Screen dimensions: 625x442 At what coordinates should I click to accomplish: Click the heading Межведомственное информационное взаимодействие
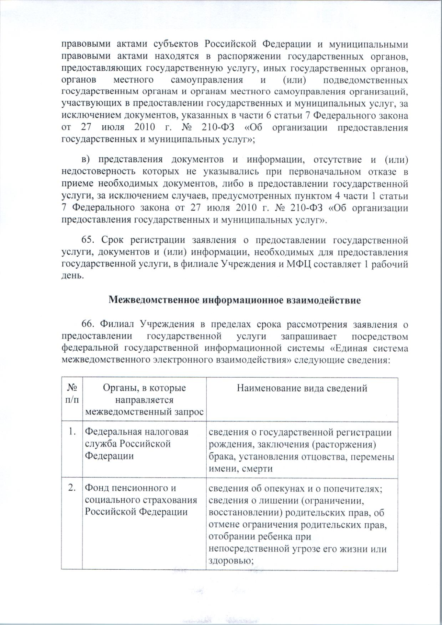tap(234, 300)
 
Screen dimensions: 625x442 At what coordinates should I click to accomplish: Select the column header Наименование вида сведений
tap(302, 388)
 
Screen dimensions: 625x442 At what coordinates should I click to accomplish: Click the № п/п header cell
tap(72, 394)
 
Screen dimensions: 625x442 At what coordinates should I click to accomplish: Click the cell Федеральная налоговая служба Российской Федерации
tap(136, 444)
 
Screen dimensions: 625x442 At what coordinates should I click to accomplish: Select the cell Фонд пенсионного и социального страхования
tap(140, 500)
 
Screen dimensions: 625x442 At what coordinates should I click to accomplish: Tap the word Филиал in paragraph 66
tap(119, 325)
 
